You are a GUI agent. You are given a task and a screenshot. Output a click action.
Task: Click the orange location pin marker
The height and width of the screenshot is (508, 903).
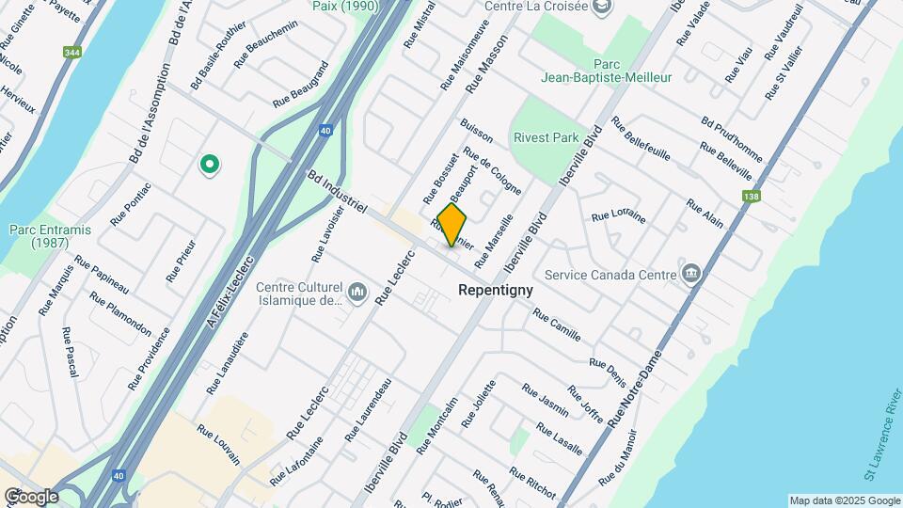click(x=451, y=225)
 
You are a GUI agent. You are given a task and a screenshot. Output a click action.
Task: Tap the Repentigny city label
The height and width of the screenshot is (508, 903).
click(x=495, y=291)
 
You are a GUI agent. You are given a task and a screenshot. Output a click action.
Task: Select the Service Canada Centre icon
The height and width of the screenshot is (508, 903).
click(x=692, y=274)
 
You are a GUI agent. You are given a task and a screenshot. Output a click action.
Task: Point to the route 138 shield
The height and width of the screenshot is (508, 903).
click(x=751, y=197)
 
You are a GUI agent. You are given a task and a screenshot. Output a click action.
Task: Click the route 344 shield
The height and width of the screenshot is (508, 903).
click(x=71, y=54)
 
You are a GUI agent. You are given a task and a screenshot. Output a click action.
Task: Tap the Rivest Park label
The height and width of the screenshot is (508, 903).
click(x=546, y=137)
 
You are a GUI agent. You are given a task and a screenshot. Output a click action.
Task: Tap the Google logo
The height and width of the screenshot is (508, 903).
click(x=30, y=496)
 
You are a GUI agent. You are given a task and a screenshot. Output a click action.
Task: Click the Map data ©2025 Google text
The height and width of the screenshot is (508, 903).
click(x=844, y=500)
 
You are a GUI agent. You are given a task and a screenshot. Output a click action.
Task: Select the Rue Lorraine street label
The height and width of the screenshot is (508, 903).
click(x=618, y=216)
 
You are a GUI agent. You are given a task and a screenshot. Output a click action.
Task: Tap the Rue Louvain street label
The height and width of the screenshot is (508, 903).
click(x=218, y=443)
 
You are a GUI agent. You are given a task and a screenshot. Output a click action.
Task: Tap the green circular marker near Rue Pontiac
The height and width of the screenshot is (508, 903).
click(x=210, y=166)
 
